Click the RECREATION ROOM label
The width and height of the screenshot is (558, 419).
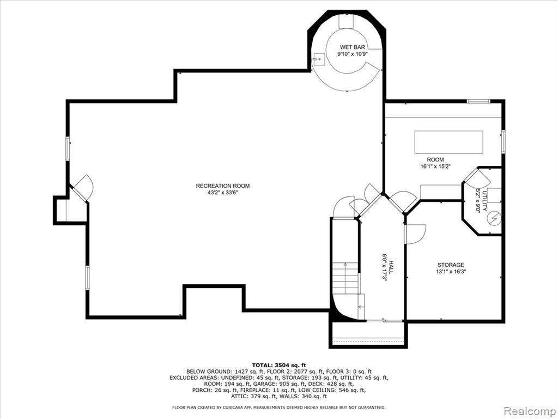coord(223,186)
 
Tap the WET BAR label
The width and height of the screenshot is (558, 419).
coord(353,47)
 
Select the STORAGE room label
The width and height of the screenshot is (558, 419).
coord(451,265)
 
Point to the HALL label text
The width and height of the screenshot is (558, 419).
coord(391,267)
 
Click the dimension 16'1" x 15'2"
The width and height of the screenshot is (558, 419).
coord(435,166)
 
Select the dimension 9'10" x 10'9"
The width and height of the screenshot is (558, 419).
coord(353,54)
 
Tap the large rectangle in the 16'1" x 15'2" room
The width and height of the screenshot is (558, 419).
coord(449,142)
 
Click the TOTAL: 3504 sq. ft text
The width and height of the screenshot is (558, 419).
coord(279,365)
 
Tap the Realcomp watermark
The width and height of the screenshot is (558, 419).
coord(530,411)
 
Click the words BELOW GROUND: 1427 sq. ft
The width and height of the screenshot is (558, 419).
coord(226,371)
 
